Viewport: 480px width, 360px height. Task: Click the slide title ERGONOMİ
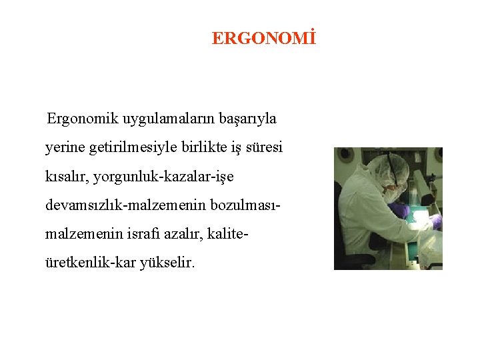tap(263, 39)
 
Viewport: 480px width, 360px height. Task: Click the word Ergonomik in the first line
tap(77, 119)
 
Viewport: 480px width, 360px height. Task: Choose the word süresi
tap(264, 147)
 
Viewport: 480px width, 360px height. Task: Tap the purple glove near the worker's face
tap(399, 209)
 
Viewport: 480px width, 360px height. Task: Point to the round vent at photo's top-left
tap(346, 155)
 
